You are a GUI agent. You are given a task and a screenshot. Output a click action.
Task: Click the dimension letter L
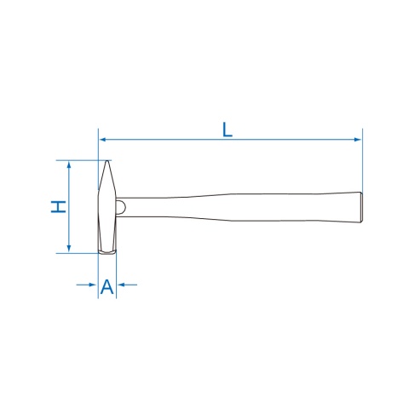coord(228,130)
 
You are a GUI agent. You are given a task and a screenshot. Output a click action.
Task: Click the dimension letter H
coord(58,206)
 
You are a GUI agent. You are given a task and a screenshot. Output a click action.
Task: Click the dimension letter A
coord(107,286)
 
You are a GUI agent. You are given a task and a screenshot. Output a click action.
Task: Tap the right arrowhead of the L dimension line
coord(358,140)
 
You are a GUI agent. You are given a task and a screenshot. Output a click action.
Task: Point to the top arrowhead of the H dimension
coord(69,164)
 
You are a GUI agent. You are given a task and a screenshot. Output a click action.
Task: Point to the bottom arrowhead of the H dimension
coord(69,249)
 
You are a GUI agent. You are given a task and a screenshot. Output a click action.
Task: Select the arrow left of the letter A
coord(86,285)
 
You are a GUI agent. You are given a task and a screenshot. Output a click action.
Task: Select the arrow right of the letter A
coord(128,285)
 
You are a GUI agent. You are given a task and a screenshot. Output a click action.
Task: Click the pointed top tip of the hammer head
coord(107,161)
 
